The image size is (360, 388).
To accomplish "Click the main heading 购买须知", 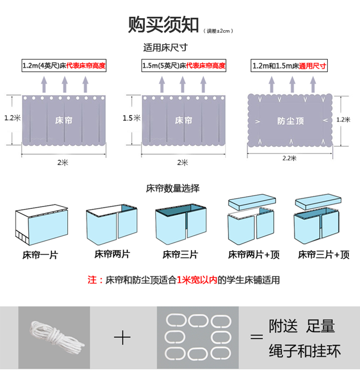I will coord(163,25).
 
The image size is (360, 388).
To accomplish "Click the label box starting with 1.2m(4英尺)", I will coord(64,66).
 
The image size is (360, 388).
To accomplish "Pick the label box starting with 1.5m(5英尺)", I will coord(183,66).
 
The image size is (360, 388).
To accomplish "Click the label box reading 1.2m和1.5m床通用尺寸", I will coord(289,66).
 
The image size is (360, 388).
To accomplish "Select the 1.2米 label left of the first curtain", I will coord(11,118).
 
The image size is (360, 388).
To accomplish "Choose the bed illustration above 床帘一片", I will coord(42,224).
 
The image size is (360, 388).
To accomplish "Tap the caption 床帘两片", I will coord(112,255).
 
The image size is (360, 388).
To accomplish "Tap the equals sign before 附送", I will coord(257,337).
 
